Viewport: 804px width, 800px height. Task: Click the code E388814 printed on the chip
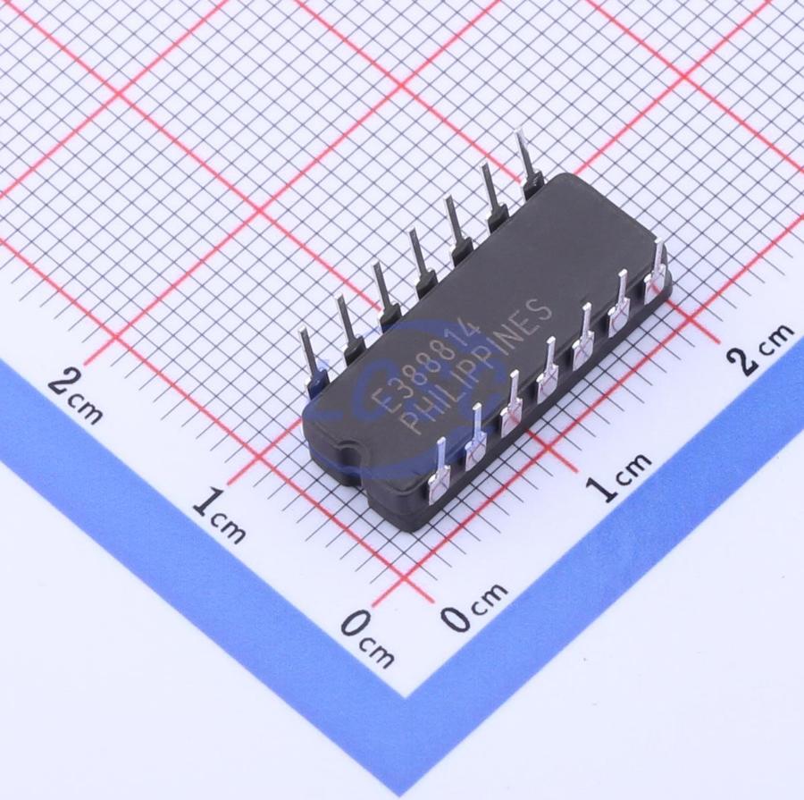427,367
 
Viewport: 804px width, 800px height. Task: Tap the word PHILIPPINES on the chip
475,367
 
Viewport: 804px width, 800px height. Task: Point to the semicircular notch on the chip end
349,455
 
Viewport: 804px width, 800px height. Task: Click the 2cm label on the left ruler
75,396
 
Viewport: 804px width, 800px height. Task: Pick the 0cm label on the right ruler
475,606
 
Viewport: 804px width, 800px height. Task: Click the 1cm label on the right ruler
619,476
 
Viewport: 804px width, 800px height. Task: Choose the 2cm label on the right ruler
760,348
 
